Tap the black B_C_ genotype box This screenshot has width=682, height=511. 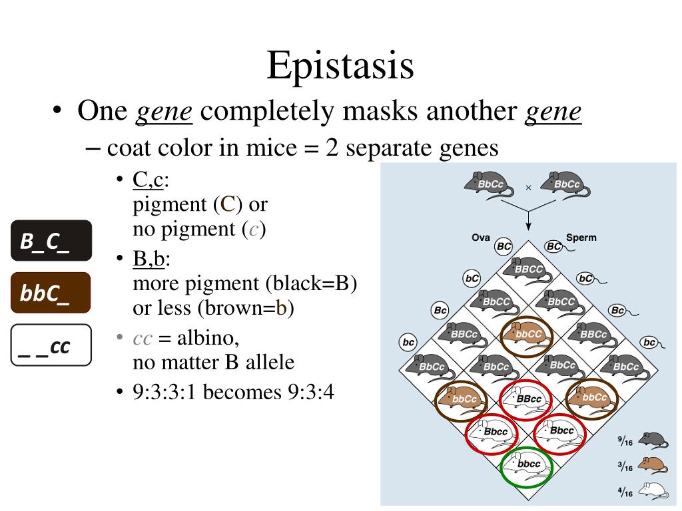(x=51, y=240)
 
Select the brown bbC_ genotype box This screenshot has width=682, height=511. (x=51, y=293)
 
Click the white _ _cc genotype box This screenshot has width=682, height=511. (x=51, y=345)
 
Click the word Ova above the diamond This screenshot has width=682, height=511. (x=481, y=238)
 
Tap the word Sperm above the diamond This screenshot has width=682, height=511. (x=581, y=238)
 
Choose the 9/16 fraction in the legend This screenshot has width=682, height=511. (x=625, y=440)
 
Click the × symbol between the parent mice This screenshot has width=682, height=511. (x=528, y=188)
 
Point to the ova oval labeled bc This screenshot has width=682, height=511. (x=408, y=343)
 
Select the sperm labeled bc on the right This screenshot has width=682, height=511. (x=649, y=343)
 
